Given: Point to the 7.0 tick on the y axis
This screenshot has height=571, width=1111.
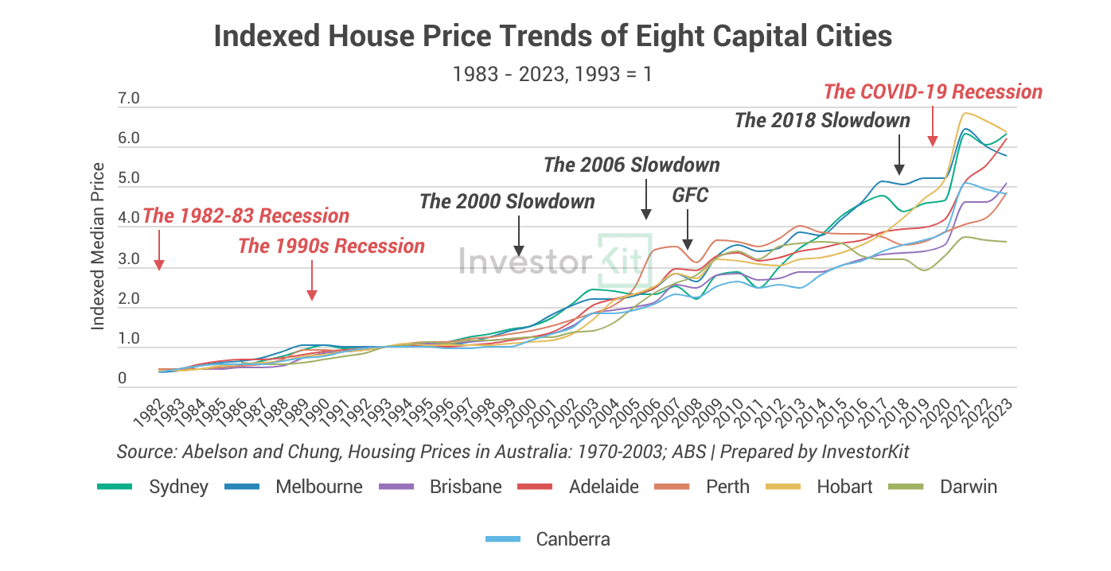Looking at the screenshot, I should coord(128,99).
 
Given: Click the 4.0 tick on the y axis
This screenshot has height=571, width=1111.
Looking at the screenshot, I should coord(128,218).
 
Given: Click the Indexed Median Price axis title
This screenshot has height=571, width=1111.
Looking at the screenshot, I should coord(98,246).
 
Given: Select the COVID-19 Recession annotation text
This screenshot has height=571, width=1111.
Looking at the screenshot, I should coord(933,91).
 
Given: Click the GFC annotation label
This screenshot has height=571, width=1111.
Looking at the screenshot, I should coord(689,196).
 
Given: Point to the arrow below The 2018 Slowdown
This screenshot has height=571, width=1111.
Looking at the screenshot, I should coord(899,155).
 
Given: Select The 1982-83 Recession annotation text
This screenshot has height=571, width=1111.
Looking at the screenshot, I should coord(246,216).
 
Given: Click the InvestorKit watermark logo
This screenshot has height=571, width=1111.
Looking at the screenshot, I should coord(555,260).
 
